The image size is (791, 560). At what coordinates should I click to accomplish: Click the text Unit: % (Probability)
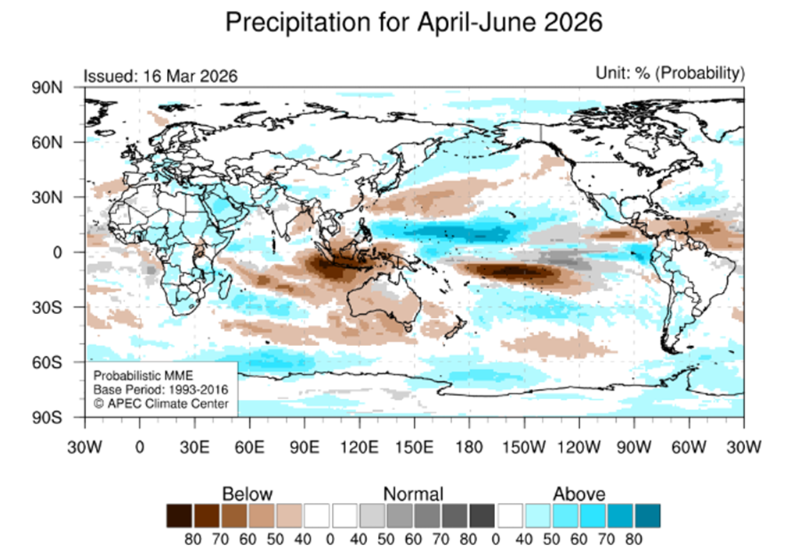click(670, 73)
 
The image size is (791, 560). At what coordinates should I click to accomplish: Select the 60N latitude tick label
click(68, 142)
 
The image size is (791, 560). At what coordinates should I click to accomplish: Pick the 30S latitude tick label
click(68, 307)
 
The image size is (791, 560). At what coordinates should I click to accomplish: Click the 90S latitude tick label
click(68, 417)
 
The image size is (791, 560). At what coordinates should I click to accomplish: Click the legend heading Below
click(248, 494)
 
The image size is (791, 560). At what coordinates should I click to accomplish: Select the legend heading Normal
click(413, 494)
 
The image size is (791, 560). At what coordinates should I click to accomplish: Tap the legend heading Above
click(579, 494)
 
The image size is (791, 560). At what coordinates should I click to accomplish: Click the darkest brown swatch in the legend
click(180, 515)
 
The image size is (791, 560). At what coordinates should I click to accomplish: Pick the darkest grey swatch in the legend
click(482, 515)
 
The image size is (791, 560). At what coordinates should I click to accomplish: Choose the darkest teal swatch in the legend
click(647, 515)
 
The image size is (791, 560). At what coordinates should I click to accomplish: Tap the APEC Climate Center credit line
click(161, 403)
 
